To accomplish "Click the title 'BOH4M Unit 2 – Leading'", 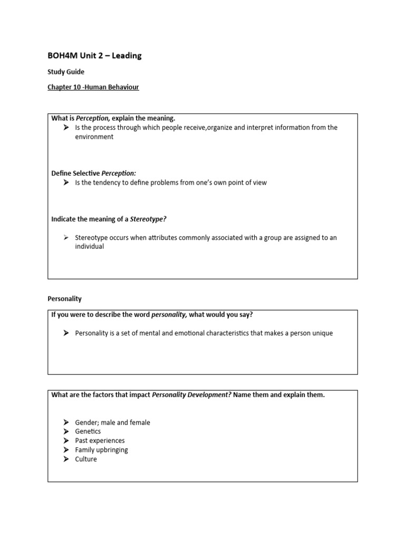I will click(95, 55).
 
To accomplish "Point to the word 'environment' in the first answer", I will click(94, 137).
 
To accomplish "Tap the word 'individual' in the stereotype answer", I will click(90, 246).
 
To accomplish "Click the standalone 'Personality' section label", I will click(65, 298).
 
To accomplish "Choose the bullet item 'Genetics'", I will click(88, 431).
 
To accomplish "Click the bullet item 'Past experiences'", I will click(100, 440).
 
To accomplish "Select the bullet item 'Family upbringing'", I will click(101, 450).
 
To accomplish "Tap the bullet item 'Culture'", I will click(86, 459).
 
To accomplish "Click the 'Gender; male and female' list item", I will click(112, 422).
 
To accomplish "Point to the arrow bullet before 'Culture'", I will click(66, 459).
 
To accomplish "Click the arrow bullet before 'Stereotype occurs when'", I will click(66, 238).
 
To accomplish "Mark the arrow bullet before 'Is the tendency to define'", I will click(66, 182).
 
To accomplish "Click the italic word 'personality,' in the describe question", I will click(169, 315).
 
